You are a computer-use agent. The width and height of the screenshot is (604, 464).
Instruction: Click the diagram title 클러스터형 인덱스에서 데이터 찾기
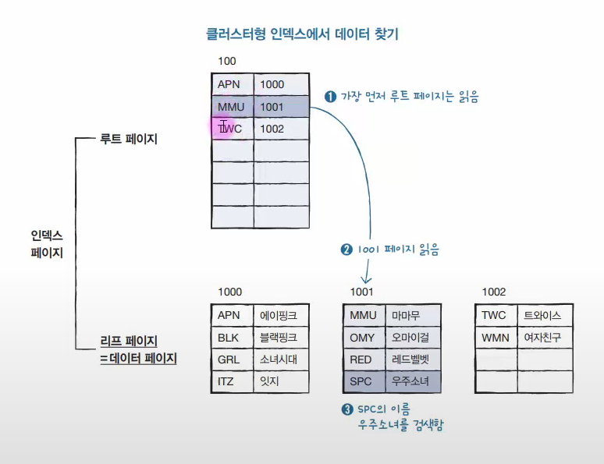(303, 34)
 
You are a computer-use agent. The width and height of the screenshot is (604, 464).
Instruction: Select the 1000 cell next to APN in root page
(281, 84)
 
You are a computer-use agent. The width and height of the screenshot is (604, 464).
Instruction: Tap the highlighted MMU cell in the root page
(232, 107)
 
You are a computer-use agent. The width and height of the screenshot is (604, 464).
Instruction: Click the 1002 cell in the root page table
(281, 129)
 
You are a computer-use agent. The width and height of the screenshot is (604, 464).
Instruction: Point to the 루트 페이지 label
(129, 139)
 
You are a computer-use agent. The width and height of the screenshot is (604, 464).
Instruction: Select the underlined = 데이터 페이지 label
(139, 359)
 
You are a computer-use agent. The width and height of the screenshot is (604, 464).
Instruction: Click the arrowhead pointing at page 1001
(367, 279)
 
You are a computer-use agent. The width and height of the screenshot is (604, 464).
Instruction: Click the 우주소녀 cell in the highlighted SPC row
(412, 381)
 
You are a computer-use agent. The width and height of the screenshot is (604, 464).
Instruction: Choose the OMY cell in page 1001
(362, 338)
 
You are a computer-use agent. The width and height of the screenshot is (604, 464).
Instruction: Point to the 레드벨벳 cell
(412, 360)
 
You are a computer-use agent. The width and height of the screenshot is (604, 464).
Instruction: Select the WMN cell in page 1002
(495, 338)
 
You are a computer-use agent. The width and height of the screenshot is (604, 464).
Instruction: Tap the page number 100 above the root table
(226, 61)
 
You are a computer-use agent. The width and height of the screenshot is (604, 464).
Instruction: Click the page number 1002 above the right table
(493, 292)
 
